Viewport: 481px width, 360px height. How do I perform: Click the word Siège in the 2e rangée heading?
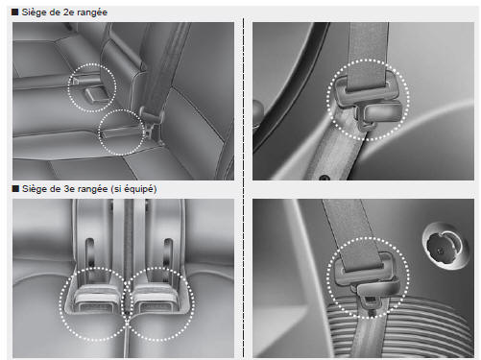34,12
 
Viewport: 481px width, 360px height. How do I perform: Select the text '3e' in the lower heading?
68,189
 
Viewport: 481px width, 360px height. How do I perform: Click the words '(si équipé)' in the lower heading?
133,189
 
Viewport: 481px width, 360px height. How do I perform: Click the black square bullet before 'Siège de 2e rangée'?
15,12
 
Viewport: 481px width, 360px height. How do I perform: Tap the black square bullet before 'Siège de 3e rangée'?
15,188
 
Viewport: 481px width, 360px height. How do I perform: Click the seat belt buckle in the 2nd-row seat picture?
152,117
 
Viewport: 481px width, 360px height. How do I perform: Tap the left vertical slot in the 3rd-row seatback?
90,252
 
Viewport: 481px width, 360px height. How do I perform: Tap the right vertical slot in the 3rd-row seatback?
168,252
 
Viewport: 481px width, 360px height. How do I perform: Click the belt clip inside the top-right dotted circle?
367,100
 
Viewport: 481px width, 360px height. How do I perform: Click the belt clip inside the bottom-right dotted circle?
367,278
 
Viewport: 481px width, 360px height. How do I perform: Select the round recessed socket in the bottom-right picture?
445,245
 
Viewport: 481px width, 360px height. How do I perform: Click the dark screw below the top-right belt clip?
325,178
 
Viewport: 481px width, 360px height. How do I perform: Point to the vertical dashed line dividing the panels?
244,188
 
